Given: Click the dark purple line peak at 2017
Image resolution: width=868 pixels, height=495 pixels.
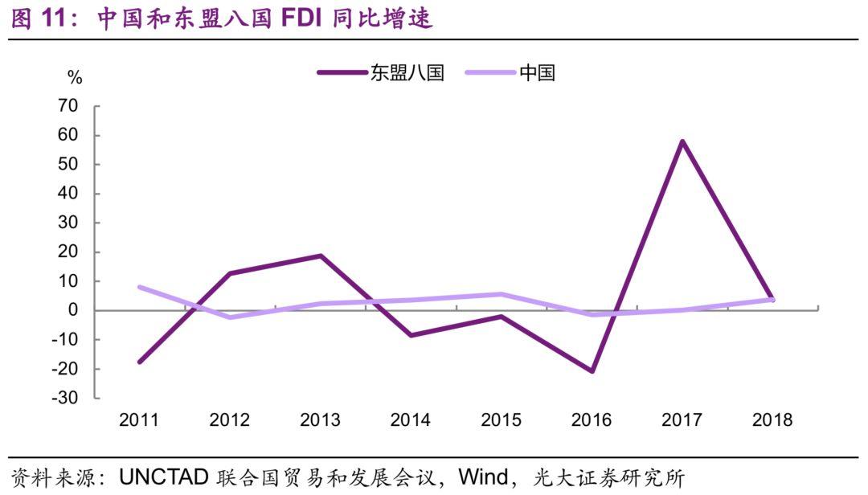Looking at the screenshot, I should click(x=682, y=141).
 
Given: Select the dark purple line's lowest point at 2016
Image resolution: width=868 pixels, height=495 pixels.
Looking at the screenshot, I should click(x=592, y=371).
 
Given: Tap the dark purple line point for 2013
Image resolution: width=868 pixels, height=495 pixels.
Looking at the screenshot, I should click(x=320, y=256).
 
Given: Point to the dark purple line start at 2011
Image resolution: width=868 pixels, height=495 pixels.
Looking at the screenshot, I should click(x=139, y=362).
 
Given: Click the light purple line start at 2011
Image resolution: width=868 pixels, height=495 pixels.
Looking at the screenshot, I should click(x=139, y=287).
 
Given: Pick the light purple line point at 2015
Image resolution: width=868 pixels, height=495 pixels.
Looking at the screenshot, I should click(x=501, y=294).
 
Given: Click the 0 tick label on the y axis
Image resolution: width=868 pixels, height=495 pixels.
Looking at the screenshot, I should click(x=73, y=311).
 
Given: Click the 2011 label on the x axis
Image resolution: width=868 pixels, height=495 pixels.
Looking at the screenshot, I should click(x=139, y=420).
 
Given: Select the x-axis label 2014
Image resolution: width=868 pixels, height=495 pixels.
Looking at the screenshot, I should click(x=410, y=420).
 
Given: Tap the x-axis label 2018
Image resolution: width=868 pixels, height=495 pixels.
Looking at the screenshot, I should click(x=772, y=420).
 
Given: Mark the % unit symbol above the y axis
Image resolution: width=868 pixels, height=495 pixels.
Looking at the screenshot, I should click(x=75, y=78).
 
